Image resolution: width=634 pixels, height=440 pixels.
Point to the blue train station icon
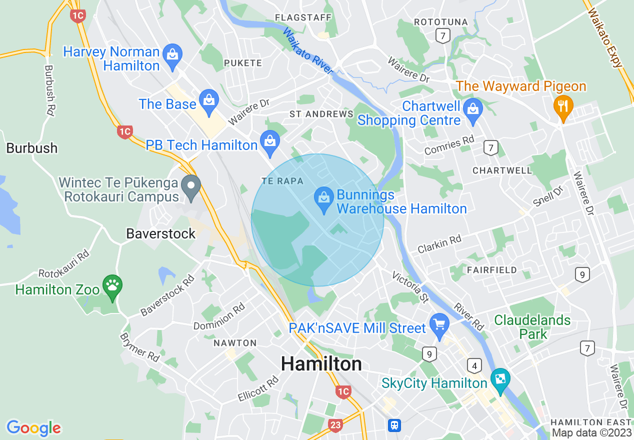394,425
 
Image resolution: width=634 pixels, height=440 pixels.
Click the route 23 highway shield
335,425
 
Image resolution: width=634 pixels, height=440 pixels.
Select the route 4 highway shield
474,365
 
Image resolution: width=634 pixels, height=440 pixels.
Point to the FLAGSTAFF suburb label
303,18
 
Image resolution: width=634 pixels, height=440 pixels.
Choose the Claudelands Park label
532,327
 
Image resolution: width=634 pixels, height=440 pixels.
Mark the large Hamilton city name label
321,363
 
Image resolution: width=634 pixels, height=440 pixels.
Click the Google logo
33,428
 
